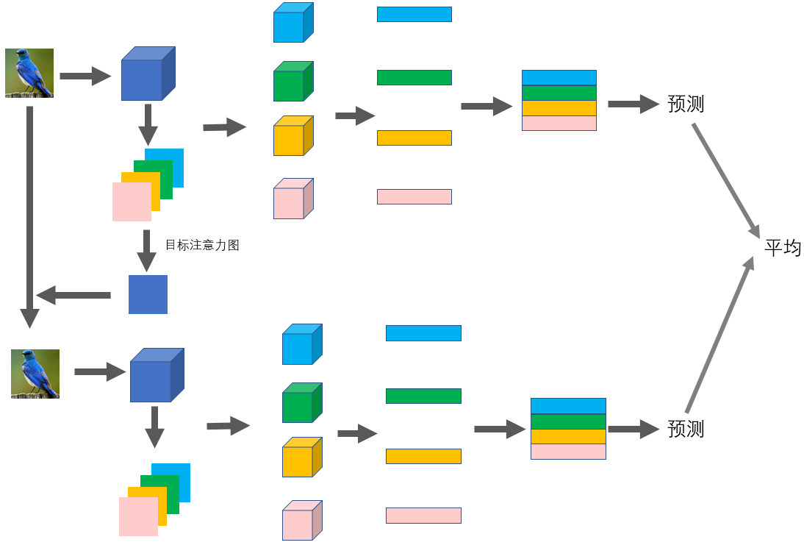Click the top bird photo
29,73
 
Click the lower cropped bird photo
35,374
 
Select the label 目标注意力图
202,245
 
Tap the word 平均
782,248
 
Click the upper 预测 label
685,104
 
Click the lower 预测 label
685,429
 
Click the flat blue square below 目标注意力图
148,294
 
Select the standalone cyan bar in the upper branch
414,14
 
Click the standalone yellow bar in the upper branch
414,138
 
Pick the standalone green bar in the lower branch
423,396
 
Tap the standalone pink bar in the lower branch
423,515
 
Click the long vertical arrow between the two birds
29,213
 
